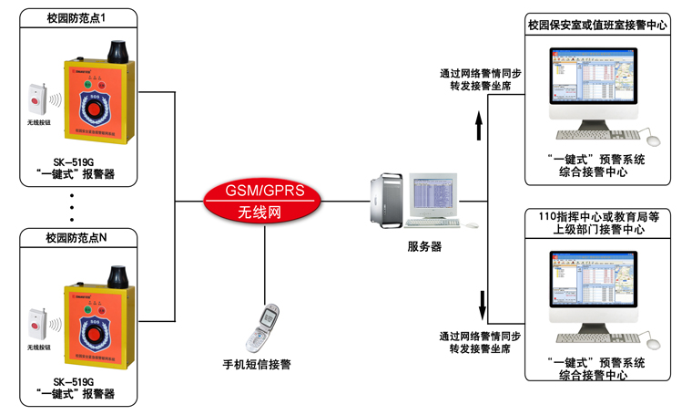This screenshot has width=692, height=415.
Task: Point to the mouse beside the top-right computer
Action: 652,140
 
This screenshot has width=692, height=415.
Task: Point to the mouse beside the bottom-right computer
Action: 652,342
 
